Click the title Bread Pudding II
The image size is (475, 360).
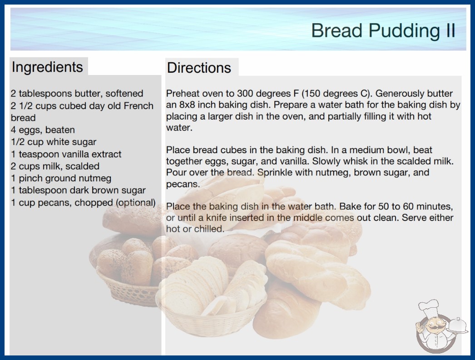point(383,30)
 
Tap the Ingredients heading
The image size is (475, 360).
point(47,67)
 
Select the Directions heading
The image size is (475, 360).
point(199,68)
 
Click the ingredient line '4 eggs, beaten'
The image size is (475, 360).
point(43,130)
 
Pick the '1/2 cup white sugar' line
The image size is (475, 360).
point(54,142)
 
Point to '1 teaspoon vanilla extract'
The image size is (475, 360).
point(66,154)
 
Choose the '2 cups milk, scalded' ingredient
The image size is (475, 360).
point(55,166)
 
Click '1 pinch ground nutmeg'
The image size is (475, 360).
point(61,178)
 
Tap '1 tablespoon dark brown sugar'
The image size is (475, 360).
point(78,190)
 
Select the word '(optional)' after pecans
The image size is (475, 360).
point(136,203)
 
